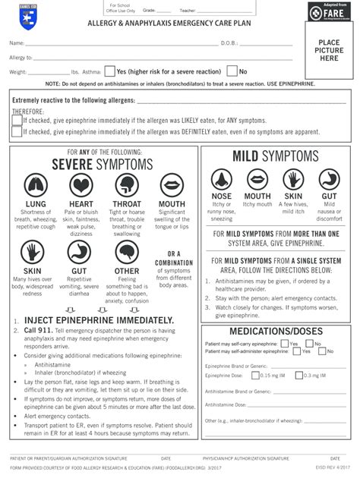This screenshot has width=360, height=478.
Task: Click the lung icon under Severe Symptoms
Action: (35, 184)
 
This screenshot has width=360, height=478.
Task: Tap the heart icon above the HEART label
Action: (81, 184)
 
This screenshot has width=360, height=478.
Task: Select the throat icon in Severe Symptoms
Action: (126, 184)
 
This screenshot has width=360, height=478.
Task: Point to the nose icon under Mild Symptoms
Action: (222, 179)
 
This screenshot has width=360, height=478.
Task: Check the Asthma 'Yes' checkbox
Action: (110, 71)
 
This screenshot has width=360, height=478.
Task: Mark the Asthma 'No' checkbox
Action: (232, 71)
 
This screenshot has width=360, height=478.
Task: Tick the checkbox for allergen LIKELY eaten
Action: (17, 120)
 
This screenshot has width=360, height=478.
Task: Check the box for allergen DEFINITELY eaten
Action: (17, 131)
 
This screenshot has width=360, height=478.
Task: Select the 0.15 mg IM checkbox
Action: (256, 375)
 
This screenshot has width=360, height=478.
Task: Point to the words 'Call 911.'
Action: (37, 331)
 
